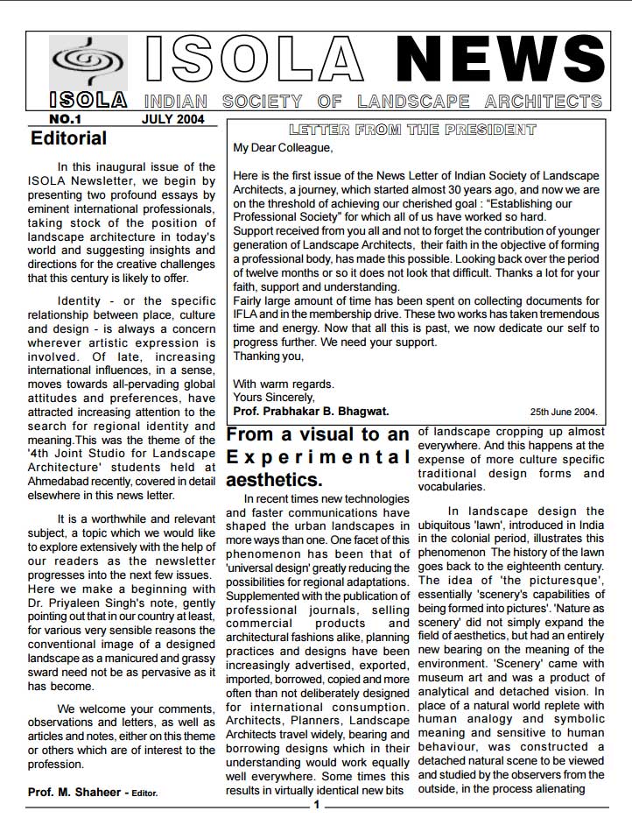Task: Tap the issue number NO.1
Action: click(x=66, y=118)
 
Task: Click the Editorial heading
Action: click(x=68, y=138)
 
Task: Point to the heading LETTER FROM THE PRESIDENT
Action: click(x=411, y=130)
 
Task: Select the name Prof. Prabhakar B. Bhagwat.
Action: click(x=311, y=411)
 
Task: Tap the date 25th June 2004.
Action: click(x=564, y=411)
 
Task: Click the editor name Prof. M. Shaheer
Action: click(x=77, y=793)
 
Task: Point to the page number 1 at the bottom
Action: click(x=317, y=805)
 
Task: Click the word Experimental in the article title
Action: click(x=318, y=457)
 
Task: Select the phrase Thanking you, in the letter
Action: click(x=269, y=356)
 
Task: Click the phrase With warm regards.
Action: click(x=283, y=384)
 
